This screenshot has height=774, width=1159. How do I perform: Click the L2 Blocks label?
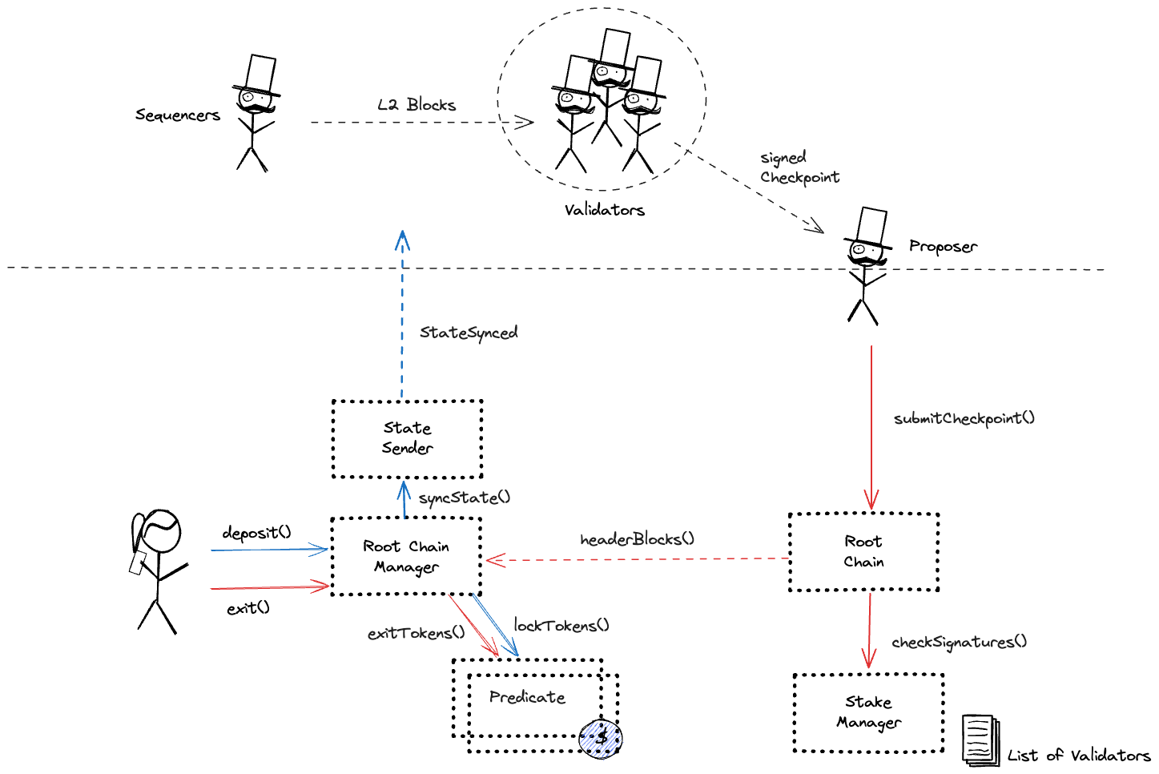pos(417,105)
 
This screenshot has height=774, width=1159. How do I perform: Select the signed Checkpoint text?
pos(799,167)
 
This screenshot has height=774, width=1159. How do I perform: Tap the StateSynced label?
pos(469,333)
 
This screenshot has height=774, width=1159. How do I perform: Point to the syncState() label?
pos(465,498)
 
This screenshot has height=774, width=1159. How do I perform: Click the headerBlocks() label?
pos(637,539)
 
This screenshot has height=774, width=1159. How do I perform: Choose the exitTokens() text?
pos(416,633)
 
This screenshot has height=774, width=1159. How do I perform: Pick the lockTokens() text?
pos(561,625)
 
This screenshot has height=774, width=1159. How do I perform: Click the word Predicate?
pos(527,697)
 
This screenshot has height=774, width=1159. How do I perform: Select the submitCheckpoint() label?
pos(964,418)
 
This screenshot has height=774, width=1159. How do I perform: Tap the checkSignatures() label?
pos(959,642)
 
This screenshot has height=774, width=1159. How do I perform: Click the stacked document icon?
pos(980,740)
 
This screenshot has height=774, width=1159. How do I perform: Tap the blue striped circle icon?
pos(602,740)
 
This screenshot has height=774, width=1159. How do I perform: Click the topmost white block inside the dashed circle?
pos(615,47)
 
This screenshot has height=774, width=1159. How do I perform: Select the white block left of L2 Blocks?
pos(260,73)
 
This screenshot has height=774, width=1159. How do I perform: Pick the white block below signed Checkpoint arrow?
pos(871,225)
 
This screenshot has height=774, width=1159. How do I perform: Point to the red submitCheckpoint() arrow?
pos(871,425)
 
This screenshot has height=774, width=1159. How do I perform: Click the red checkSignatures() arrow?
pos(868,629)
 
